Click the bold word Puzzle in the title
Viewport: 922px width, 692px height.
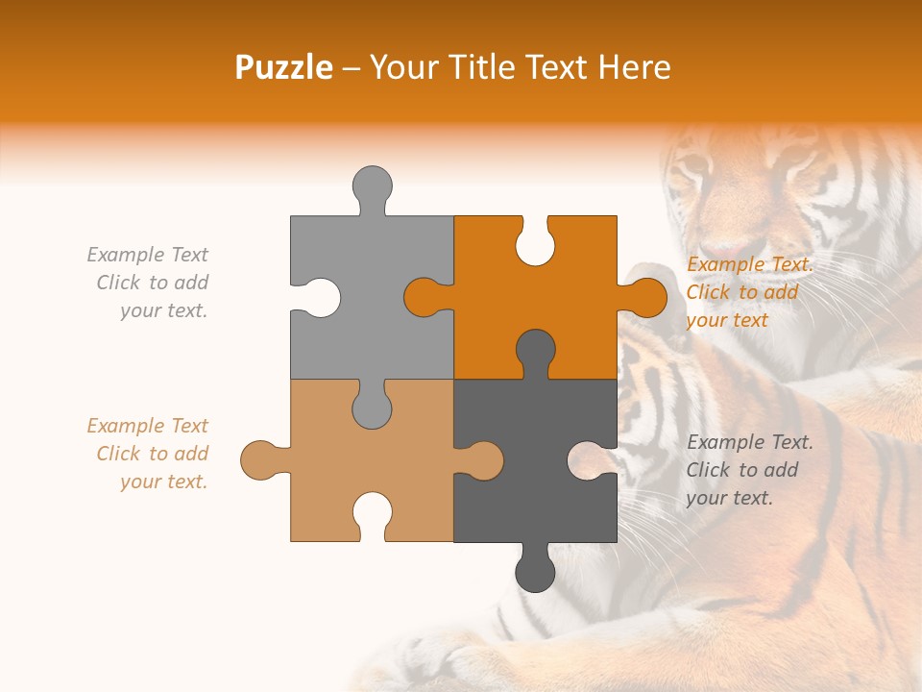click(283, 67)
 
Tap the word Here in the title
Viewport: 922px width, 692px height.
click(634, 67)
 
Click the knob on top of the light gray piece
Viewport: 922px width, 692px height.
click(372, 185)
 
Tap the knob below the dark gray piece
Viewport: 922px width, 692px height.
click(535, 572)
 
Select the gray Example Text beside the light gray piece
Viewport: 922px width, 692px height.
click(148, 283)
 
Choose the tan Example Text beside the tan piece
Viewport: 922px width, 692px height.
click(148, 454)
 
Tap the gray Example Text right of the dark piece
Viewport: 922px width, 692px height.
click(749, 470)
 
